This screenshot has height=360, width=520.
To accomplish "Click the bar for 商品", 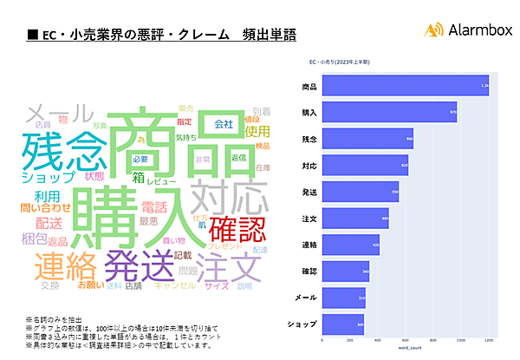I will tap(405, 87).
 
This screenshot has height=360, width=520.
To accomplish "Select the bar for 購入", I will tap(388, 113).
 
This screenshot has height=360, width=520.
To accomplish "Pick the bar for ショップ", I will tap(343, 324).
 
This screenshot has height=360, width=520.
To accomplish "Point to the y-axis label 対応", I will tap(309, 165).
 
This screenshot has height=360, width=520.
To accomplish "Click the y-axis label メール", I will tap(307, 298).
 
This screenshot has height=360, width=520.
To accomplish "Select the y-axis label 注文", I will tap(309, 218).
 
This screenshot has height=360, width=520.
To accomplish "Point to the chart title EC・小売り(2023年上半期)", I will tap(338, 62).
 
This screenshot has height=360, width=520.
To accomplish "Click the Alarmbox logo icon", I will tap(434, 30).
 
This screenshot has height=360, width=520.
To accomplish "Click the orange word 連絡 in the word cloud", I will tap(66, 262).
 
